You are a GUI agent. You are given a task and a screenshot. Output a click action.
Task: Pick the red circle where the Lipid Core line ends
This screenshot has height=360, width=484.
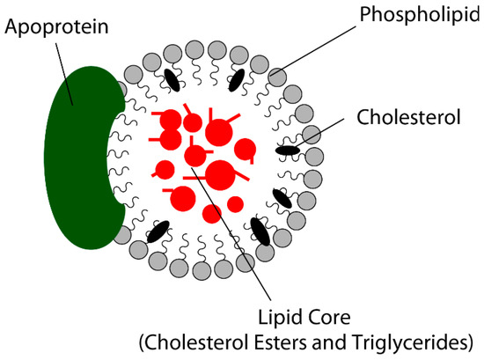(x=195, y=156)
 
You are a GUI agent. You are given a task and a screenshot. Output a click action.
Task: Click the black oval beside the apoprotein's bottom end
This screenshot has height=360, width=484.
(x=158, y=232)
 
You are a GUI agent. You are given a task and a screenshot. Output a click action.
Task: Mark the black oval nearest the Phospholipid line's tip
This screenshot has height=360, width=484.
(x=236, y=80)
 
